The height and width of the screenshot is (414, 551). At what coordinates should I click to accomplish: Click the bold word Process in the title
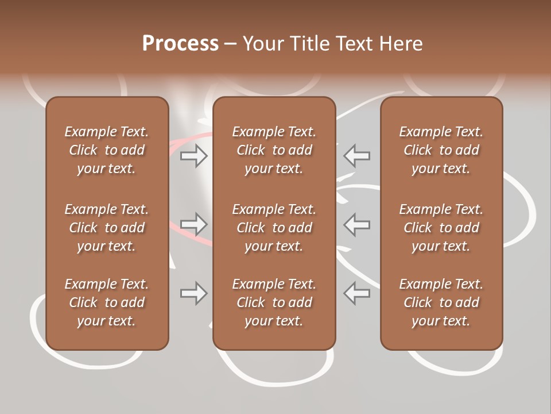[180, 43]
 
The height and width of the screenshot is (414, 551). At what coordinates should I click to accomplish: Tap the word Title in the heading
[309, 43]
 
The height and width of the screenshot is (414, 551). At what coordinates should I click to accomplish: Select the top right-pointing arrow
[194, 156]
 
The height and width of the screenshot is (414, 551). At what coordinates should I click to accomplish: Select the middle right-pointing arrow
[194, 224]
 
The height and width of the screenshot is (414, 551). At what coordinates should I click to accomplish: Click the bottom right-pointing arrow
[194, 293]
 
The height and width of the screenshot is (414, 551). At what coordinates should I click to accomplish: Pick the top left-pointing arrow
[357, 156]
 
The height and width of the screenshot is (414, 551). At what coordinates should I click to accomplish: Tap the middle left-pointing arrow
[357, 224]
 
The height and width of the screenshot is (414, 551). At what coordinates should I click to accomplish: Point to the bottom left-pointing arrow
[357, 293]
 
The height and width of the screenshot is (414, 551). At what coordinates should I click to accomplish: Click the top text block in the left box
[107, 150]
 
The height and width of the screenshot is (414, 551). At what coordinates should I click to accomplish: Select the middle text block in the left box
[107, 228]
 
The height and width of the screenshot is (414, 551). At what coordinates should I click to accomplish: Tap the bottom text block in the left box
[107, 302]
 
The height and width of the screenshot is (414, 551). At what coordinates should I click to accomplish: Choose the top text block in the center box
[274, 150]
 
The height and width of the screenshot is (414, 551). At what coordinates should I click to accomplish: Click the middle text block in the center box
[274, 228]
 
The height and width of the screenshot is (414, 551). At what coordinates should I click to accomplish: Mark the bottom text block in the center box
[274, 302]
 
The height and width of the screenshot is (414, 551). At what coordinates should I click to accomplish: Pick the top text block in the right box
[441, 150]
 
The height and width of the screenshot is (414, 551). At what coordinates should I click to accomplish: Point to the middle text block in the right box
[441, 228]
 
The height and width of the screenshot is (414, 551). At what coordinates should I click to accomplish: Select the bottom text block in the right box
[441, 302]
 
